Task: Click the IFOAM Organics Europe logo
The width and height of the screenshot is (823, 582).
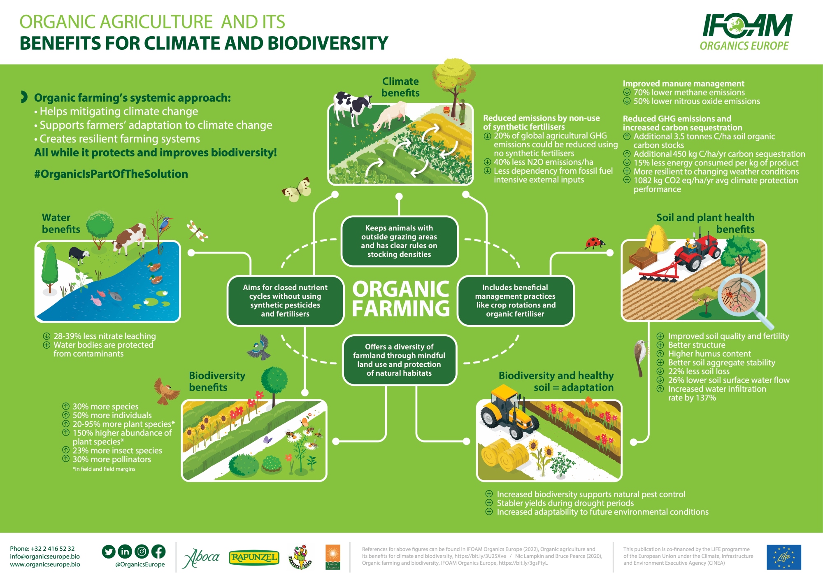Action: point(746,32)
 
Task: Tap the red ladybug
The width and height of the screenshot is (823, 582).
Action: point(595,243)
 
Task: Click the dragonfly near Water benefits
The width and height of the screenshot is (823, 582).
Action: point(198,231)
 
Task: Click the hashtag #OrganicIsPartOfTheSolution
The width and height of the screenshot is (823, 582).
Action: point(111,174)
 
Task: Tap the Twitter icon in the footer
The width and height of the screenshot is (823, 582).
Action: point(109,552)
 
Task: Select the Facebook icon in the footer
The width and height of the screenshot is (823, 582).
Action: point(158,552)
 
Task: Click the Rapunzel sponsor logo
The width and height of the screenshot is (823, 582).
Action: point(254,558)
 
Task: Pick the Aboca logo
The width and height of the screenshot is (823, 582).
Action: point(201,558)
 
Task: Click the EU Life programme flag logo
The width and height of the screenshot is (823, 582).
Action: point(783,557)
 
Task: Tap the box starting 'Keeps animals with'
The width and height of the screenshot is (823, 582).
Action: point(399,241)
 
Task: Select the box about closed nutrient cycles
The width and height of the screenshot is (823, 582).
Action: point(286,301)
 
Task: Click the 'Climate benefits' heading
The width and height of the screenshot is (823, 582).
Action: point(400,87)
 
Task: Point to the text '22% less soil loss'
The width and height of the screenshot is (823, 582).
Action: point(698,371)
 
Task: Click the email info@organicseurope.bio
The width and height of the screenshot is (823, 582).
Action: point(45,556)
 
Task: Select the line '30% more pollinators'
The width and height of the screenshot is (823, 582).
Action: point(112,459)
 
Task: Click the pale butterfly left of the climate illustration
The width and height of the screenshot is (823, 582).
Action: point(297,190)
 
